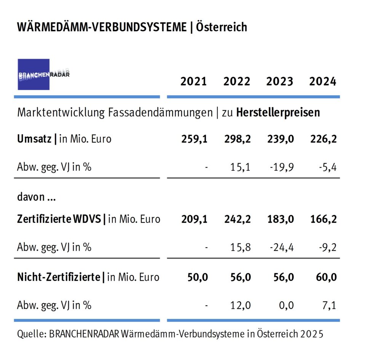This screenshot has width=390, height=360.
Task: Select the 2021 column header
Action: tap(193, 82)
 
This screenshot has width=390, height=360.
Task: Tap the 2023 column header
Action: tap(280, 82)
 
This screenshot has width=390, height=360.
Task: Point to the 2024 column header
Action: tap(323, 82)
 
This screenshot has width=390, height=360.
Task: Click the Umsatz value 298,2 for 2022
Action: tap(237, 139)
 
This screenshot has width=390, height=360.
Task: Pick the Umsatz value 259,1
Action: tap(194, 139)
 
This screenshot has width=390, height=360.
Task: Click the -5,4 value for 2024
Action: tap(326, 166)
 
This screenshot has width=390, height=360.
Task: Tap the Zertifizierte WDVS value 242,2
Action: tap(237, 219)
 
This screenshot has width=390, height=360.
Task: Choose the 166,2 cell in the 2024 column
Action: tap(323, 219)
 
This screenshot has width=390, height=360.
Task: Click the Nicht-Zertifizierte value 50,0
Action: tap(197, 277)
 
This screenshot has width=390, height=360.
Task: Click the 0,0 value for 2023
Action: tap(286, 305)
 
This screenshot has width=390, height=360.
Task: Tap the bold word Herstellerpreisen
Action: tap(278, 112)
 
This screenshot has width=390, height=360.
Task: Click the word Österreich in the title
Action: tap(221, 27)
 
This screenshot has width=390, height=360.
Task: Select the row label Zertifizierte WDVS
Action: tap(59, 219)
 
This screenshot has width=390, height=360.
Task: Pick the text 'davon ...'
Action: tap(36, 197)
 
